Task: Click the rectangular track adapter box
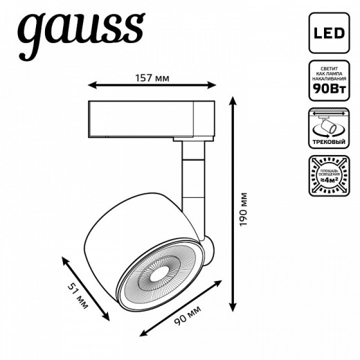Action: pyautogui.click(x=152, y=118)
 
